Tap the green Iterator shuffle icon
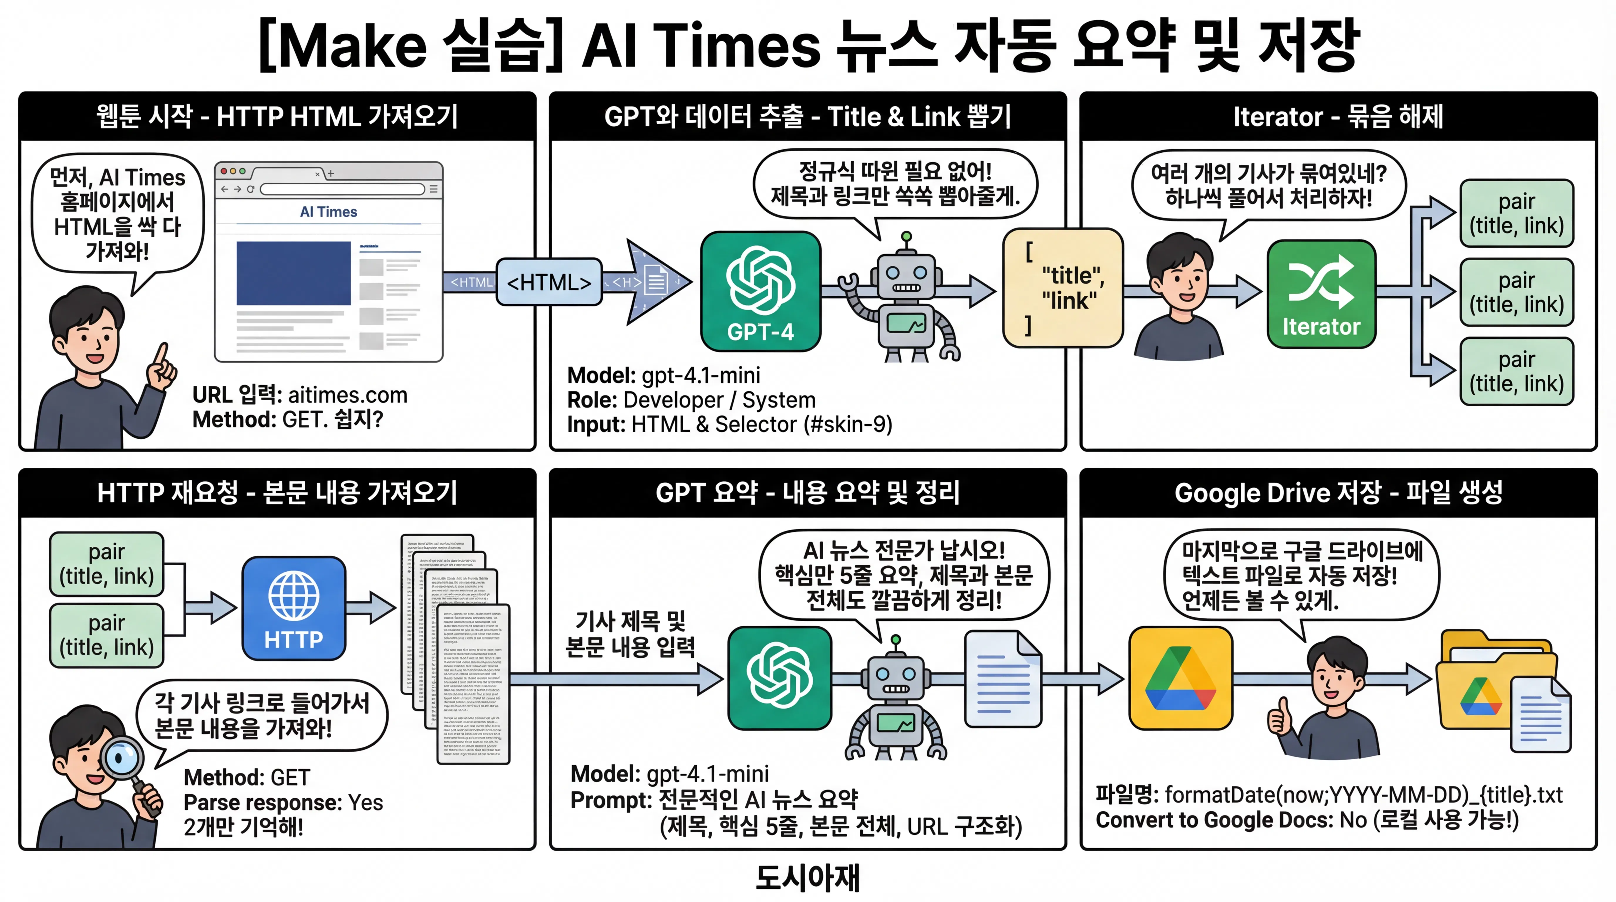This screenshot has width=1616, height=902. [1321, 294]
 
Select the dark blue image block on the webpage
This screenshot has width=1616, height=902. [293, 273]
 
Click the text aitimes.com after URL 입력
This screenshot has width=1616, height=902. [348, 395]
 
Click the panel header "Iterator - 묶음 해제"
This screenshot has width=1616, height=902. [1338, 117]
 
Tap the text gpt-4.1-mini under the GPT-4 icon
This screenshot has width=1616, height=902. [701, 375]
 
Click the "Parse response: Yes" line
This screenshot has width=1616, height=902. [283, 802]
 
